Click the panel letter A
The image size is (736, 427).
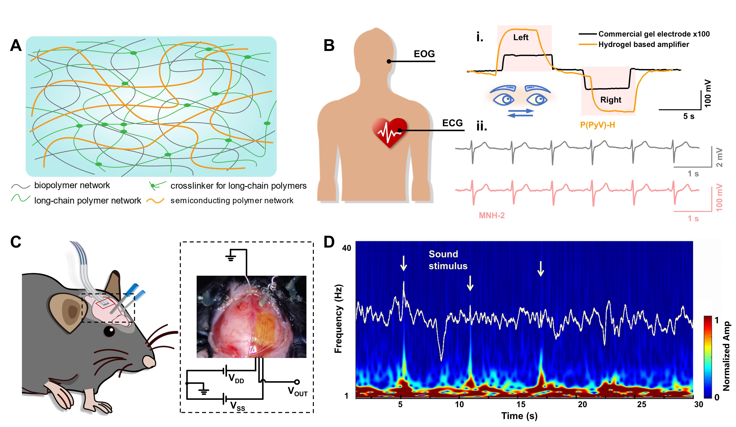point(16,46)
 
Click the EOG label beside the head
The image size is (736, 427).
point(424,54)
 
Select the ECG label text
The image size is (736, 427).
point(452,123)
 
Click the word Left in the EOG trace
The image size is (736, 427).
point(521,37)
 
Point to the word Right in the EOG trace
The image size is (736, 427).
point(610,100)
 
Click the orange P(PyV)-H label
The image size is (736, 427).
point(597,125)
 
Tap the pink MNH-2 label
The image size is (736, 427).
point(492,216)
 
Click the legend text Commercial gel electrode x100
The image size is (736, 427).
point(654,34)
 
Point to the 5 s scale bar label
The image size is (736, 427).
point(688,116)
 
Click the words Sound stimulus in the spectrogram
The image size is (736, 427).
point(448,260)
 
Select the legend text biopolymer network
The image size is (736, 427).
point(72,185)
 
